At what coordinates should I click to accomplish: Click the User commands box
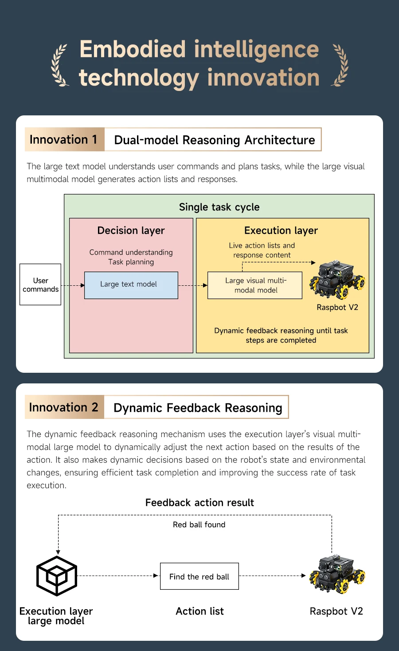pyautogui.click(x=40, y=284)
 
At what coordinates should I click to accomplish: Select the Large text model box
pyautogui.click(x=131, y=285)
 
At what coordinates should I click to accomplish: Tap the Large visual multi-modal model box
pyautogui.click(x=255, y=285)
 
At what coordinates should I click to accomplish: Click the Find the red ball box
pyautogui.click(x=199, y=576)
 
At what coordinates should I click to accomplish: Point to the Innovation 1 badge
pyautogui.click(x=64, y=140)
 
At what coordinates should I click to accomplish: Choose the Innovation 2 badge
pyautogui.click(x=64, y=407)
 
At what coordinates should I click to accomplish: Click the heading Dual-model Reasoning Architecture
pyautogui.click(x=214, y=140)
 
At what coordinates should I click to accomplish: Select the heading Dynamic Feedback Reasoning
pyautogui.click(x=198, y=408)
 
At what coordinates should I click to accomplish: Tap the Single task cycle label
pyautogui.click(x=219, y=207)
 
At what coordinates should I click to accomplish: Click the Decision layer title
pyautogui.click(x=131, y=231)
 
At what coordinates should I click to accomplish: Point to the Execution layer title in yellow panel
pyautogui.click(x=281, y=231)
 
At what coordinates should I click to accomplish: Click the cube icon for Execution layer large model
pyautogui.click(x=57, y=576)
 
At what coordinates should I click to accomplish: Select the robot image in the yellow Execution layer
pyautogui.click(x=337, y=280)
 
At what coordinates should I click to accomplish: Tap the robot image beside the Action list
pyautogui.click(x=337, y=574)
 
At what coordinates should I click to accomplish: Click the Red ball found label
pyautogui.click(x=199, y=525)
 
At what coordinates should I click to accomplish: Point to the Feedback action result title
pyautogui.click(x=199, y=503)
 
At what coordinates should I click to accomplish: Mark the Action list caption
pyautogui.click(x=199, y=612)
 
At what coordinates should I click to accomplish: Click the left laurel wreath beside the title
pyautogui.click(x=60, y=65)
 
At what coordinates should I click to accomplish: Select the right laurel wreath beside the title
pyautogui.click(x=340, y=65)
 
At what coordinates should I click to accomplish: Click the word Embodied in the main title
pyautogui.click(x=132, y=49)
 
